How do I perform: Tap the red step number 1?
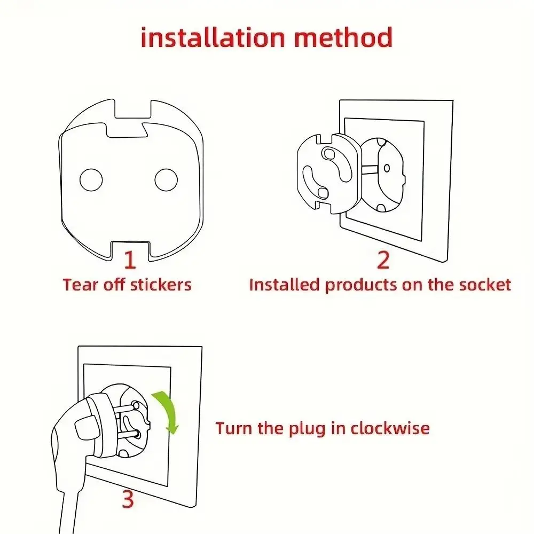coord(130,260)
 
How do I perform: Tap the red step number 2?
coord(383,260)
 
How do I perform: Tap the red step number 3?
coord(127,500)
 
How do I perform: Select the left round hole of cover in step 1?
coord(91,179)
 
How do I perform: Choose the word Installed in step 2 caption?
coord(285,284)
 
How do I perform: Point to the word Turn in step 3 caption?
coord(233,428)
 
